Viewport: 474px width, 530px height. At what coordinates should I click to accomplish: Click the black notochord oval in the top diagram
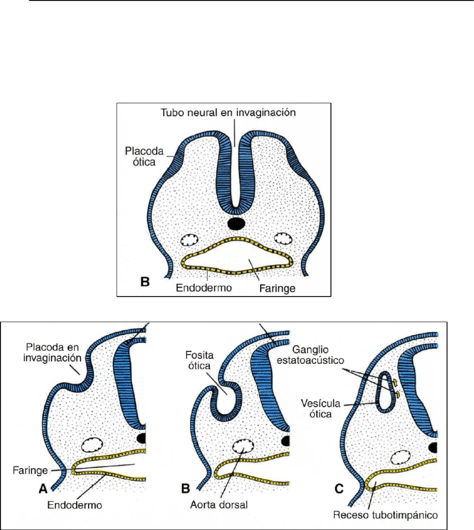[x=236, y=224]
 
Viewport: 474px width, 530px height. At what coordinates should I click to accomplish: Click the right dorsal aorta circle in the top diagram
[x=283, y=239]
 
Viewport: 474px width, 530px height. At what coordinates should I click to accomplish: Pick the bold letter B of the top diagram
[x=146, y=282]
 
